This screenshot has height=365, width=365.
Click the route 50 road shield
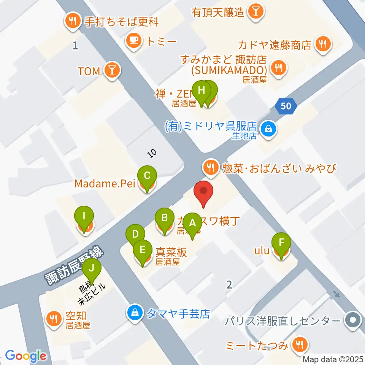coord(286,106)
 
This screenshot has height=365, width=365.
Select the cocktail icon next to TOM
coord(113,71)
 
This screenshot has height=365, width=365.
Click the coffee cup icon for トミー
coord(134,40)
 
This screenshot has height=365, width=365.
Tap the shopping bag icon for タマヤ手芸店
coord(135,314)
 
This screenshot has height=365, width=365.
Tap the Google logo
coord(25,356)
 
